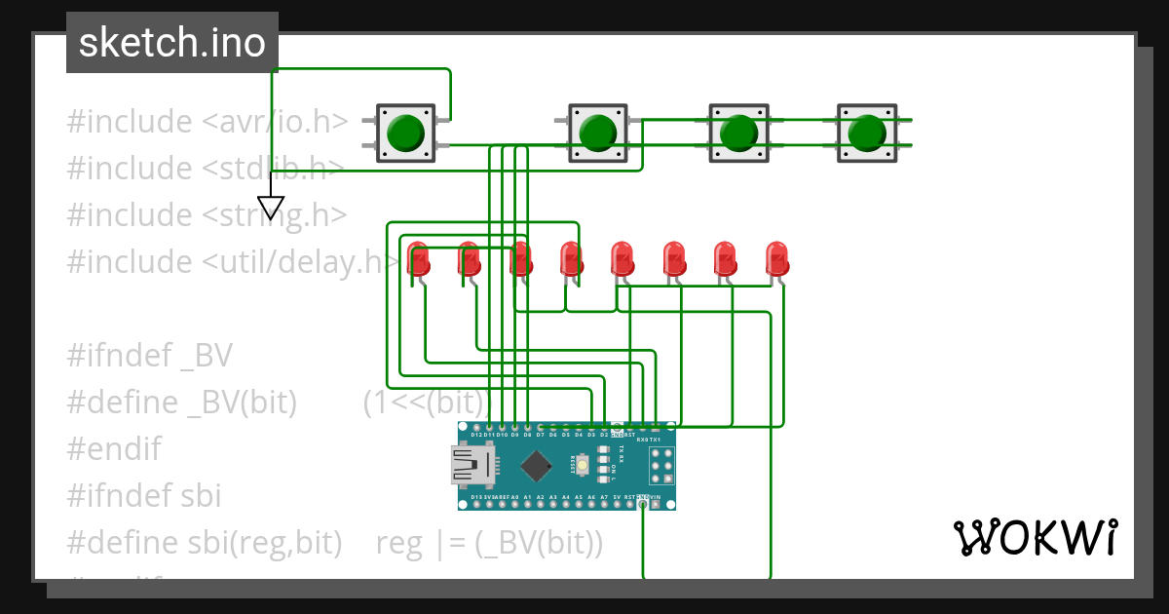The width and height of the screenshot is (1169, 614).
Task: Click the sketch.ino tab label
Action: click(172, 43)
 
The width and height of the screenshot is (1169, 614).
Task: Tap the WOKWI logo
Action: click(1035, 537)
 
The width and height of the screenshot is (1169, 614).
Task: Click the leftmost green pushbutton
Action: click(405, 133)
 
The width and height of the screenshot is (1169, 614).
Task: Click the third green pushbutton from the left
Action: click(738, 133)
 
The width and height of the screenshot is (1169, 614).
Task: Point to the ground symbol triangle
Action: click(271, 207)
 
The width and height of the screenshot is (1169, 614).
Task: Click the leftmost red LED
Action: click(418, 258)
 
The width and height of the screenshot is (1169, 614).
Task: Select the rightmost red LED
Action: click(776, 258)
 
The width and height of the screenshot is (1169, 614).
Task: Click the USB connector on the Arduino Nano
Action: click(473, 465)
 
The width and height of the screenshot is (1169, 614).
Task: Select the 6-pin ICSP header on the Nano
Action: click(660, 466)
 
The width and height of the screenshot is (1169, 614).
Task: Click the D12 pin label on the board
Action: click(477, 435)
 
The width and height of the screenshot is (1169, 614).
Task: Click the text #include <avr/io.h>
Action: click(207, 122)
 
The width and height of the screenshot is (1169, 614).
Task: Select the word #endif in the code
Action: click(113, 449)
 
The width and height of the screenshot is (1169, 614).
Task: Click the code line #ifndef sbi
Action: click(143, 496)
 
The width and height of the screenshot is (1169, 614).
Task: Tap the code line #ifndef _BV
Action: click(149, 356)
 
